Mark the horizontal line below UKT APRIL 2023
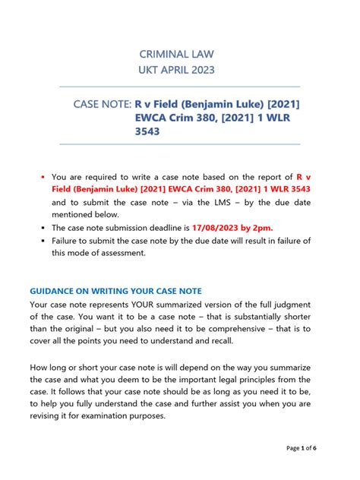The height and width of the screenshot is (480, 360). [179, 86]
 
